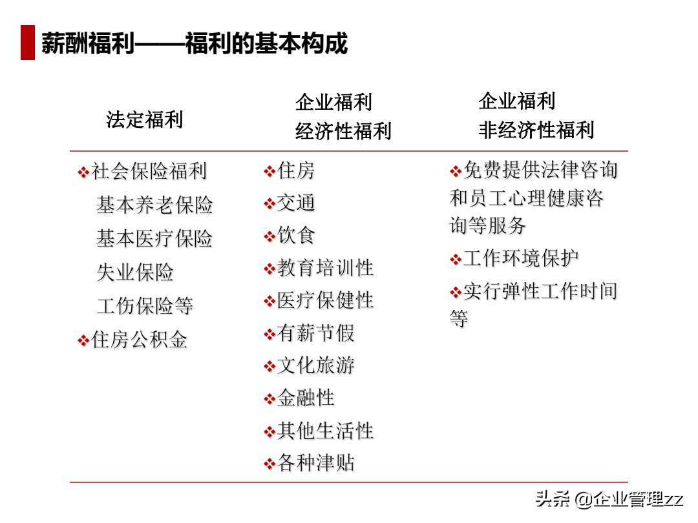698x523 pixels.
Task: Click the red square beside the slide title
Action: pyautogui.click(x=28, y=43)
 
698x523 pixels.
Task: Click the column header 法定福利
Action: pyautogui.click(x=145, y=120)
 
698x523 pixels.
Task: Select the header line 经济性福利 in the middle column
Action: pyautogui.click(x=343, y=132)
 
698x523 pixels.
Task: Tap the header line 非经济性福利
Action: pyautogui.click(x=536, y=130)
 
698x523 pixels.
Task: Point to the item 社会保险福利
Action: pyautogui.click(x=149, y=172)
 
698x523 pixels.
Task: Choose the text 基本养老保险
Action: pyautogui.click(x=154, y=205)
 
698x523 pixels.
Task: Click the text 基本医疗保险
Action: pyautogui.click(x=154, y=239)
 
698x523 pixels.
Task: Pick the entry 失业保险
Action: pyautogui.click(x=135, y=272)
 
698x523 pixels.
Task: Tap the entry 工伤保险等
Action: pyautogui.click(x=145, y=306)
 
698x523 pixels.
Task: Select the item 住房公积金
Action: pyautogui.click(x=140, y=340)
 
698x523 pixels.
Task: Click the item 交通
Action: pyautogui.click(x=296, y=203)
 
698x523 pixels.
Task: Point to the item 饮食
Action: pyautogui.click(x=296, y=236)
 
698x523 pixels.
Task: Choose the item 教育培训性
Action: pyautogui.click(x=325, y=269)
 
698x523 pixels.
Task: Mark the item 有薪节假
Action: pyautogui.click(x=315, y=334)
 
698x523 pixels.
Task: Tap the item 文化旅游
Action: pyautogui.click(x=315, y=366)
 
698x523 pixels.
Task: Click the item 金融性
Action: pyautogui.click(x=306, y=398)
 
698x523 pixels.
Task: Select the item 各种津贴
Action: pyautogui.click(x=315, y=464)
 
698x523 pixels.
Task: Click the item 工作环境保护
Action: pyautogui.click(x=521, y=259)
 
